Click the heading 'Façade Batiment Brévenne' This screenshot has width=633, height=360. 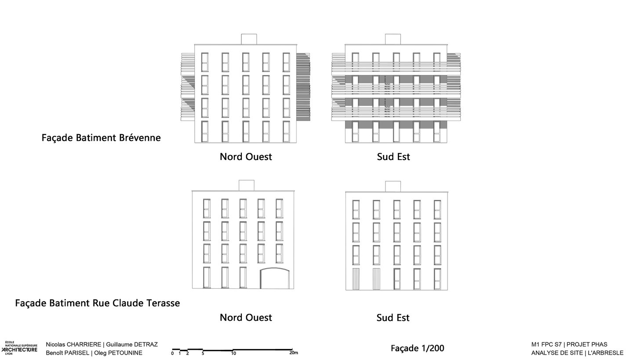101,138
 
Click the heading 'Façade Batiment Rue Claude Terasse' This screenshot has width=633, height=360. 97,303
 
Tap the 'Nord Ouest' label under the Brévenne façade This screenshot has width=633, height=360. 246,157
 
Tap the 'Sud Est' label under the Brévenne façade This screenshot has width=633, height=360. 393,157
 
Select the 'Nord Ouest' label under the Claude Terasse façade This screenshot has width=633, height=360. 246,317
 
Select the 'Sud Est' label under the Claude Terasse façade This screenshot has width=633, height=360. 393,317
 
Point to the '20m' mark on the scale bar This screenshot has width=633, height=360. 294,353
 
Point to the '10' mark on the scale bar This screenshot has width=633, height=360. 233,353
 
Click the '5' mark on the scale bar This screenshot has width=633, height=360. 203,353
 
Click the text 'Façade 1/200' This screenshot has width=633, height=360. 417,349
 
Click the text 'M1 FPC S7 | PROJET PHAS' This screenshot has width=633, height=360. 569,345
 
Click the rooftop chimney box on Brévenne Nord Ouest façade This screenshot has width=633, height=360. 249,39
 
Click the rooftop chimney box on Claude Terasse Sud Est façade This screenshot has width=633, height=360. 393,186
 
